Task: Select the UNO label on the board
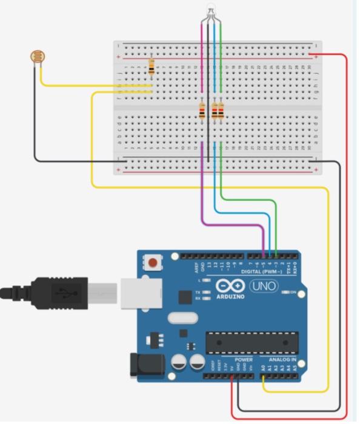[x=263, y=286]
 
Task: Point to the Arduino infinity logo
[x=229, y=287]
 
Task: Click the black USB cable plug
[x=60, y=294]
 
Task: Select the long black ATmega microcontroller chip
[x=252, y=342]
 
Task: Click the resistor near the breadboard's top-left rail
[x=151, y=67]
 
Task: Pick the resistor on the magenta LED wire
[x=202, y=111]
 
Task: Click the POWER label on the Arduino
[x=243, y=359]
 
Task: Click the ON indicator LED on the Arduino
[x=285, y=293]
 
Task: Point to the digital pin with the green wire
[x=276, y=254]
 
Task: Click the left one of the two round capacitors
[x=179, y=363]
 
